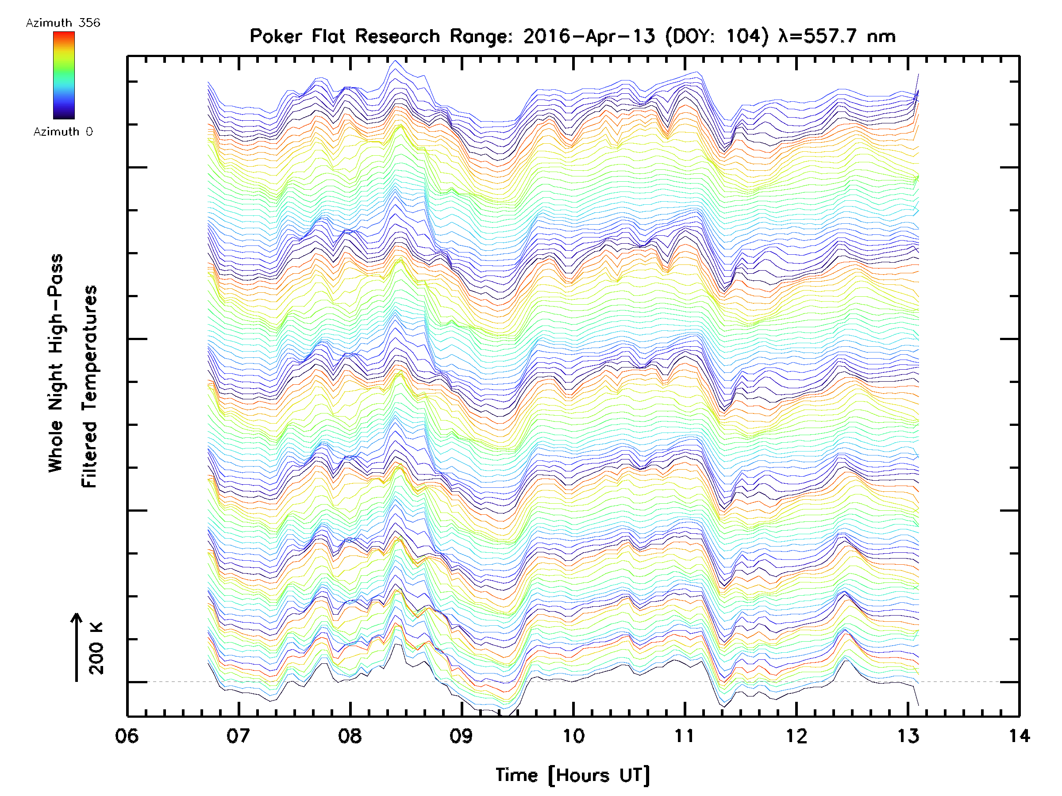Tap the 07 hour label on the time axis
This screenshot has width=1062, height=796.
click(238, 736)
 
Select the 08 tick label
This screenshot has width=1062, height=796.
click(350, 736)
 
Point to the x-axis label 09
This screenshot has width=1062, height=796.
click(462, 736)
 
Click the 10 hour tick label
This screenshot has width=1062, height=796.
click(573, 736)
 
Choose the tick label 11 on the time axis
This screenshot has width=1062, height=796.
click(685, 736)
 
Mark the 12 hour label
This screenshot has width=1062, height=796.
click(796, 736)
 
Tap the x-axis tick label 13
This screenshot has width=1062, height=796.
click(908, 736)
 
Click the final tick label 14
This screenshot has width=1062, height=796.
click(1019, 736)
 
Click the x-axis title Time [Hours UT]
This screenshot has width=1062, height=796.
click(573, 776)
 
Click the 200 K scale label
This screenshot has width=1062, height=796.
click(96, 648)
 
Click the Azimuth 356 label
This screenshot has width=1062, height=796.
click(63, 23)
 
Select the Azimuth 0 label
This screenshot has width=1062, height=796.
click(63, 132)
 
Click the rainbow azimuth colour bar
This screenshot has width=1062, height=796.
click(64, 75)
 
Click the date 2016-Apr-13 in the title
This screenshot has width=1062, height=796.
click(589, 36)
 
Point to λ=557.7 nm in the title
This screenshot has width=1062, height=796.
click(837, 36)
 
